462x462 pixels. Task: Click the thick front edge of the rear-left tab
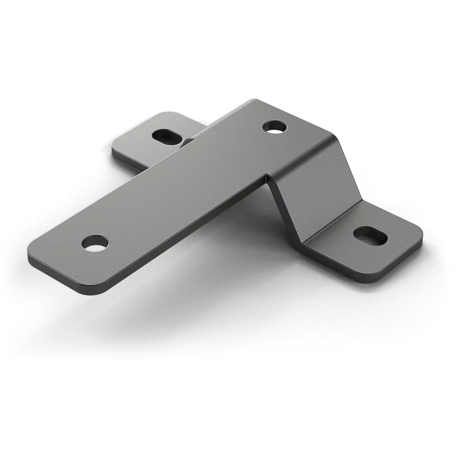(x=129, y=163)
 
